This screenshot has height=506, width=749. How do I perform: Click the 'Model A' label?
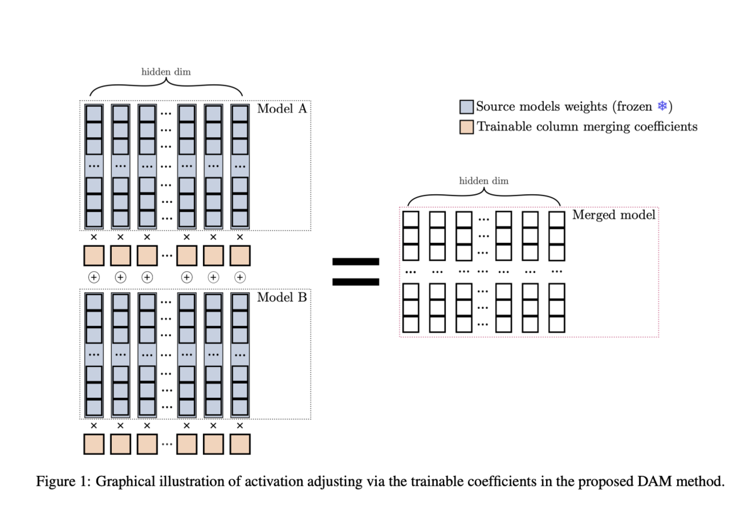coord(282,109)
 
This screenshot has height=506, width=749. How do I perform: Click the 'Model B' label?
coord(282,297)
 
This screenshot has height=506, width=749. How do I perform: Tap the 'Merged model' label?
coord(613,215)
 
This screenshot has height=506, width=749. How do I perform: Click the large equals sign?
coord(355,272)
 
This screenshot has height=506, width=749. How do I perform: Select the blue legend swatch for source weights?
coord(467,107)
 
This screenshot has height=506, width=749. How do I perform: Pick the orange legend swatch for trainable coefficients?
coord(467,126)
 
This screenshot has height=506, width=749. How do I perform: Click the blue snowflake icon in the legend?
coord(661,107)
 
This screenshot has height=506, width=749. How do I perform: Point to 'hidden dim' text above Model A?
coord(166,72)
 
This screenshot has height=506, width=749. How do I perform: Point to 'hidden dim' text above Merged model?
coord(483,181)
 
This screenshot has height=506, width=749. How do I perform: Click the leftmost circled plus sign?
coord(94,278)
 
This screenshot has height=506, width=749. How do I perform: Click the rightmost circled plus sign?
coord(239,278)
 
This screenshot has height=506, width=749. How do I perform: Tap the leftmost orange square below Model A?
coord(94,256)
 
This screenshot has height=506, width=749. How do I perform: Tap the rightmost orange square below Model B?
coord(239,444)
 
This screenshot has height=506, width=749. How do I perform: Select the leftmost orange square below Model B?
coord(94,444)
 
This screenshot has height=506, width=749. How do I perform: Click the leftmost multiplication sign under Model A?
coord(94,237)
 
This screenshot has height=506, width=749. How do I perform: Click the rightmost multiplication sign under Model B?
coord(239,425)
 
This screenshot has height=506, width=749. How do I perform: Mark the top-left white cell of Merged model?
coord(410,220)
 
